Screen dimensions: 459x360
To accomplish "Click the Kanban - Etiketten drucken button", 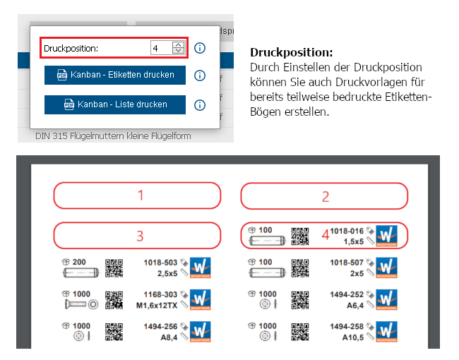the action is pyautogui.click(x=115, y=75).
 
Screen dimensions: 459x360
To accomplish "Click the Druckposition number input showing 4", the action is pyautogui.click(x=167, y=48).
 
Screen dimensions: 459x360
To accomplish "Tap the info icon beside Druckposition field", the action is pyautogui.click(x=200, y=48).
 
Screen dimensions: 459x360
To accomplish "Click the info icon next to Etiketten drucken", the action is pyautogui.click(x=200, y=76).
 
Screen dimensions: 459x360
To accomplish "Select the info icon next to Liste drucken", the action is pyautogui.click(x=200, y=104).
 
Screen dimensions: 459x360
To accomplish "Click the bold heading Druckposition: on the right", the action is pyautogui.click(x=292, y=53).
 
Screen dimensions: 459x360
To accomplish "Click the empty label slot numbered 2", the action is pyautogui.click(x=324, y=196).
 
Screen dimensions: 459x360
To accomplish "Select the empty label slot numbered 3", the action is pyautogui.click(x=137, y=236).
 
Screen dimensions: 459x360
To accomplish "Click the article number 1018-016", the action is pyautogui.click(x=347, y=231).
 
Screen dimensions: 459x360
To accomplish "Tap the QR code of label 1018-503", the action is pyautogui.click(x=114, y=268).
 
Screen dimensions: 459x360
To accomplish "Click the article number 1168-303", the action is pyautogui.click(x=160, y=294).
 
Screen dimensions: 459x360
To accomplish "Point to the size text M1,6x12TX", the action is pyautogui.click(x=157, y=306).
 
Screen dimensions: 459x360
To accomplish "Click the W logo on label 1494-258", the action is pyautogui.click(x=387, y=332).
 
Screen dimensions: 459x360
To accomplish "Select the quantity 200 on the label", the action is pyautogui.click(x=79, y=262).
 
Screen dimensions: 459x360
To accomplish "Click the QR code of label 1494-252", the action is pyautogui.click(x=300, y=300).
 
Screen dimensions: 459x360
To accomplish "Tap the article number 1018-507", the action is pyautogui.click(x=347, y=263).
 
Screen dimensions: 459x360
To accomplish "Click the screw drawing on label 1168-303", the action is pyautogui.click(x=81, y=304).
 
